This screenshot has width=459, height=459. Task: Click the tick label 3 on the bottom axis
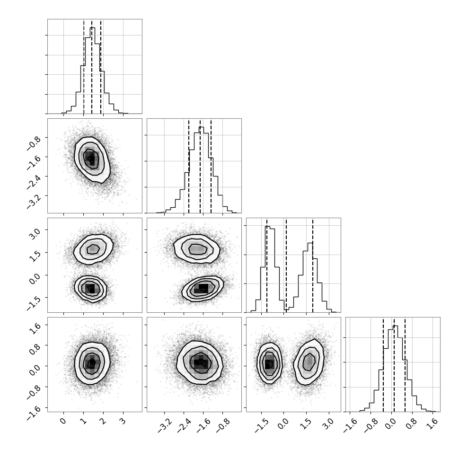tap(123, 422)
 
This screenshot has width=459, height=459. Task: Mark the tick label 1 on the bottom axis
tap(83, 422)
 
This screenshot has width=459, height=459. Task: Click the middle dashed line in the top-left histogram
tap(92, 66)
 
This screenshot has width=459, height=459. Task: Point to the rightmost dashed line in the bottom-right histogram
tap(405, 364)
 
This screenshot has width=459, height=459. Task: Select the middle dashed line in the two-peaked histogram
tap(286, 265)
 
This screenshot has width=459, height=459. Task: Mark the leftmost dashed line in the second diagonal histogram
tap(189, 166)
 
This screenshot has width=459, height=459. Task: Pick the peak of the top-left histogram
tap(92, 28)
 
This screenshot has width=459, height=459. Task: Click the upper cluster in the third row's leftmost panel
tap(93, 249)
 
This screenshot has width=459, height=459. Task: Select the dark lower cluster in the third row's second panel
tap(203, 288)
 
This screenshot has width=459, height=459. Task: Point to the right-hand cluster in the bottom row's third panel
tap(309, 362)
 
